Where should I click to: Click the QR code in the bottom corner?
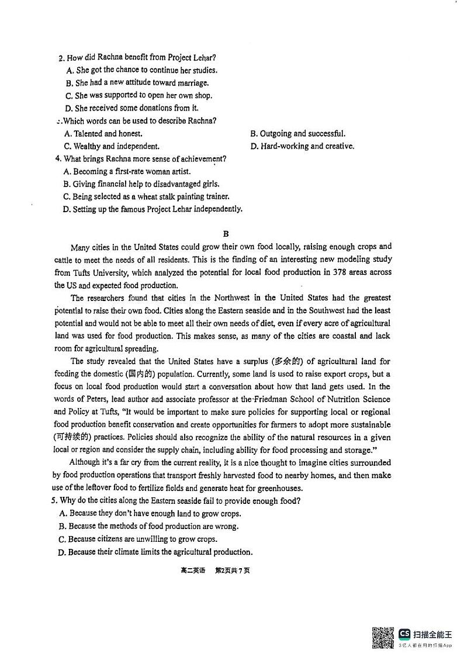click(382, 637)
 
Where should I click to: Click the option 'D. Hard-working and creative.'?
click(302, 146)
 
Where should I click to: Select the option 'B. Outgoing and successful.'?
click(297, 133)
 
